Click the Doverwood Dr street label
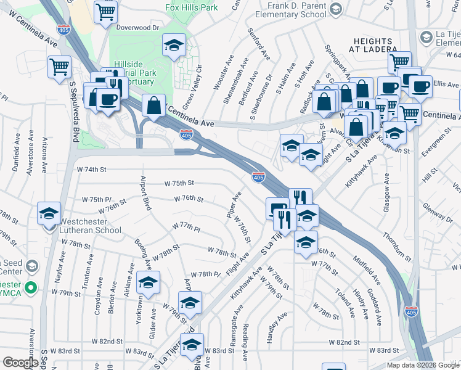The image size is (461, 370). pos(138,28)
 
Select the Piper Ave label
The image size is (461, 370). pos(234,203)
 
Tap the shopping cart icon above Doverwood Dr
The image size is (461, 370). pos(105,10)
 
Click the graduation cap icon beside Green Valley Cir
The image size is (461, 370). pos(174,44)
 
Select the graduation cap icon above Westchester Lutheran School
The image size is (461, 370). pos(49,213)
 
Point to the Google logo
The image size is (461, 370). pos(20,363)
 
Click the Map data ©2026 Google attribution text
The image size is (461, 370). pos(422,365)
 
